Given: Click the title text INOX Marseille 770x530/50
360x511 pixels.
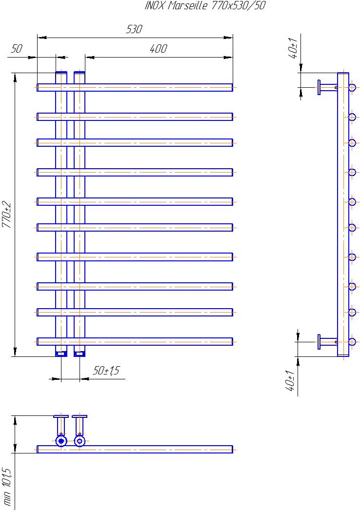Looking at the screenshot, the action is click(x=205, y=5).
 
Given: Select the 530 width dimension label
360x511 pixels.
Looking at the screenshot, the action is click(x=134, y=29).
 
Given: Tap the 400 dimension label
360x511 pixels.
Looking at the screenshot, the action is click(x=159, y=49).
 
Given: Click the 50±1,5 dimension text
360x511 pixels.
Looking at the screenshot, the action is click(x=106, y=371).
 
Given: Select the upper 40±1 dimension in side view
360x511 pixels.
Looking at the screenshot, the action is click(x=293, y=48).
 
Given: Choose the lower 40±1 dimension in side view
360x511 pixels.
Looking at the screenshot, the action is click(x=290, y=381).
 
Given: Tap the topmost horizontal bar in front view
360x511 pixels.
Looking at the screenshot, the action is click(x=135, y=87).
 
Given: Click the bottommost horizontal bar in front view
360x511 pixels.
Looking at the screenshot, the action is click(x=135, y=341).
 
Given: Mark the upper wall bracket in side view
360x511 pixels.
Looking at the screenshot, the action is click(x=327, y=87).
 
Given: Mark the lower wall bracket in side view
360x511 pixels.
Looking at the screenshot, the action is click(x=327, y=342).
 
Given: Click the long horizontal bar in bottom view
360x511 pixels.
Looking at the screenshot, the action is click(x=135, y=450).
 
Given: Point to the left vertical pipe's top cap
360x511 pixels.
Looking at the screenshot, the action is click(x=61, y=72).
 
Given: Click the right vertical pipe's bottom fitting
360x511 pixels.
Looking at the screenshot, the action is click(x=80, y=354).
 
